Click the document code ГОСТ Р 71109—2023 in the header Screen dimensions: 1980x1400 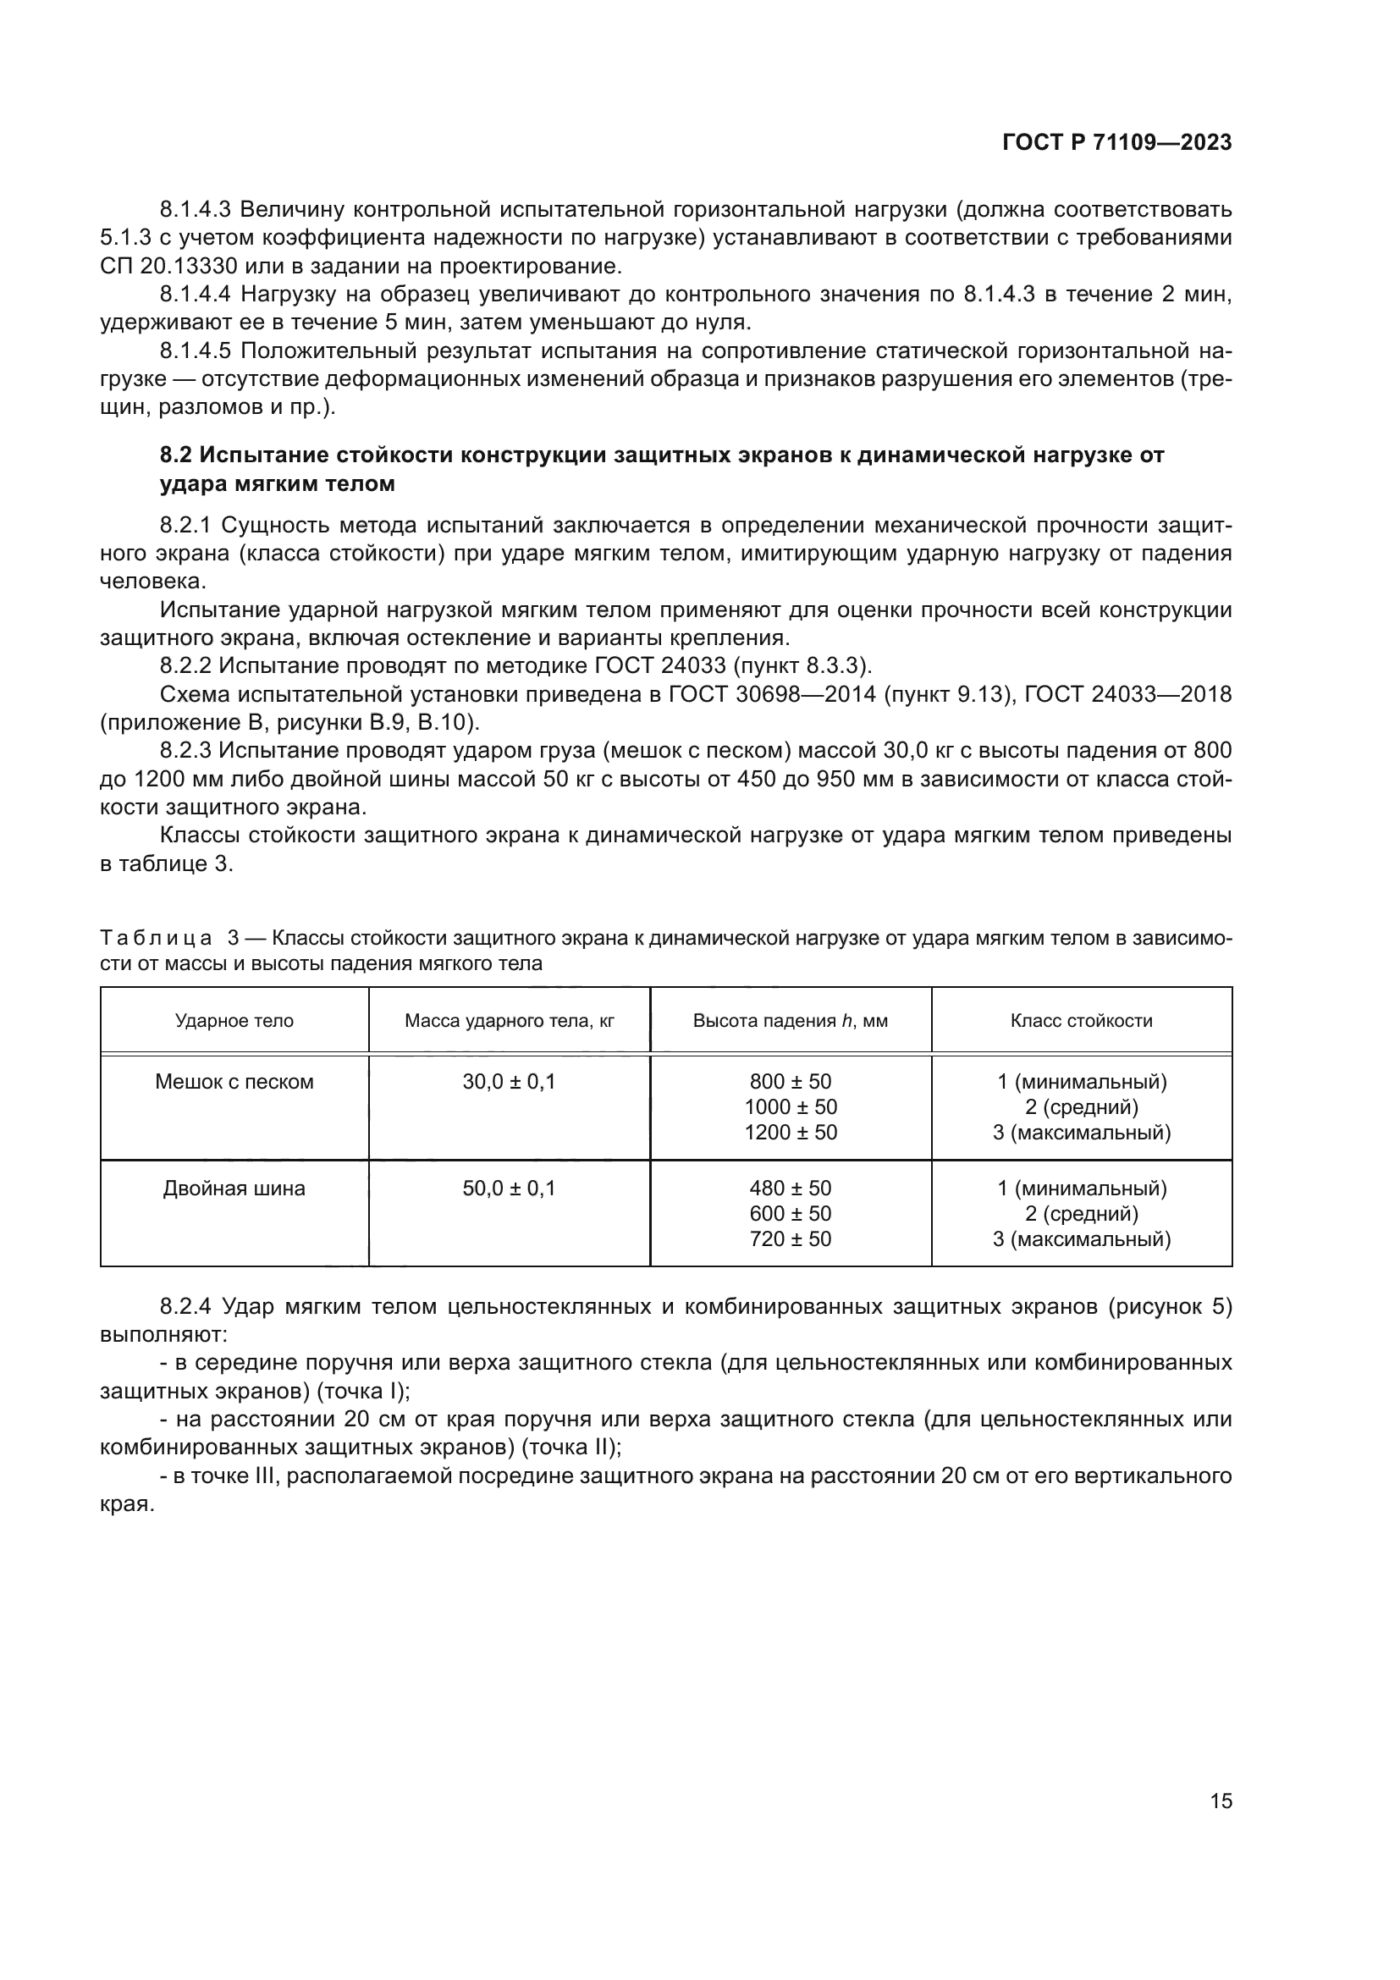[1116, 143]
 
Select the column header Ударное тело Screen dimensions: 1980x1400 [234, 1021]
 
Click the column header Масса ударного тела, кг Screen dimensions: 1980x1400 [510, 1021]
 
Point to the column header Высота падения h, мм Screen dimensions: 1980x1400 [791, 1021]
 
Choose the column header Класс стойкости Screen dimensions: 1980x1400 [1081, 1021]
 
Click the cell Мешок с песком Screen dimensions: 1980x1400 [234, 1081]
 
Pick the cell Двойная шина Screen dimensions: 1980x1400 [234, 1189]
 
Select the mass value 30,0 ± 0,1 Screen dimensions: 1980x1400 [510, 1081]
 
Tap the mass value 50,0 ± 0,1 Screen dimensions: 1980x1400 [510, 1189]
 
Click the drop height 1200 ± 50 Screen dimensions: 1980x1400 [791, 1133]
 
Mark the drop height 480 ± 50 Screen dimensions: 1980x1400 [791, 1189]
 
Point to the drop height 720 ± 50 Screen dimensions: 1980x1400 [791, 1239]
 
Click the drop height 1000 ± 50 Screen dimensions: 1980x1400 [791, 1106]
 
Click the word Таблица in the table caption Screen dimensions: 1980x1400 [156, 937]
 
